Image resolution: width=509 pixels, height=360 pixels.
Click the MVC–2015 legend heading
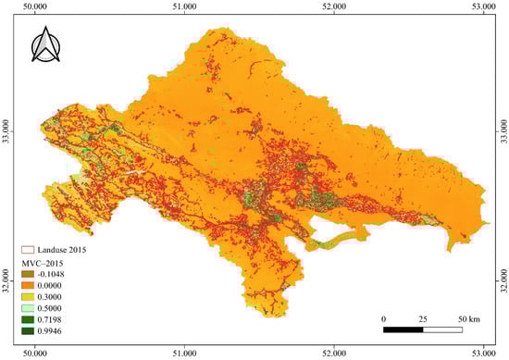[x=44, y=262]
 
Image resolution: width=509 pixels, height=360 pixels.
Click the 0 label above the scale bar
[x=383, y=318]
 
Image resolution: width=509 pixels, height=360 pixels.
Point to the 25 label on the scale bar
[x=423, y=318]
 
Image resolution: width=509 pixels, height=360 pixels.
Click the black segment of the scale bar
[x=403, y=329]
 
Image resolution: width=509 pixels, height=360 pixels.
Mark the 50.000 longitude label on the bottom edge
[x=35, y=354]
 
